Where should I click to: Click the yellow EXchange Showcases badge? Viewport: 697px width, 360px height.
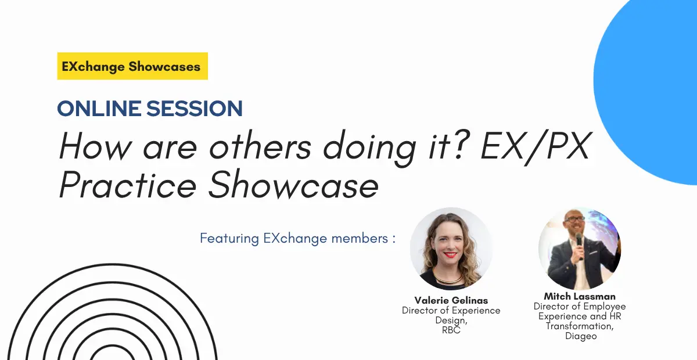coord(132,66)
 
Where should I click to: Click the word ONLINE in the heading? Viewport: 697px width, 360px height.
coord(99,109)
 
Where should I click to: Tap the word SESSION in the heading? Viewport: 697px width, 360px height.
coord(194,109)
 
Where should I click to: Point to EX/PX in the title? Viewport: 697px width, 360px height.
coord(535,146)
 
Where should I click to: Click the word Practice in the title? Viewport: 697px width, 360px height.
coord(128,184)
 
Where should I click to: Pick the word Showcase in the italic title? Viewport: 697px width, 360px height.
coord(293,183)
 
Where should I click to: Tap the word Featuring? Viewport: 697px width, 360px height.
coord(229,239)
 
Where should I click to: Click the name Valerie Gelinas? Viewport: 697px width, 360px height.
coord(451,300)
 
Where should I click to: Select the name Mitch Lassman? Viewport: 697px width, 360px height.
coord(580,296)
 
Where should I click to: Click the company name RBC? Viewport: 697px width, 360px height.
coord(451,330)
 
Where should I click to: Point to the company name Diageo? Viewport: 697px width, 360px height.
coord(581,336)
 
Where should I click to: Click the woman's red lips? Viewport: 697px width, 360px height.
coord(450,255)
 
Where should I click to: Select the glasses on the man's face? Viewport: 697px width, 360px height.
coord(576,219)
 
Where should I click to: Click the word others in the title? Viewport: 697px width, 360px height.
coord(260,146)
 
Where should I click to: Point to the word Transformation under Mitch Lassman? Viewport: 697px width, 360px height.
coord(580,326)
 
